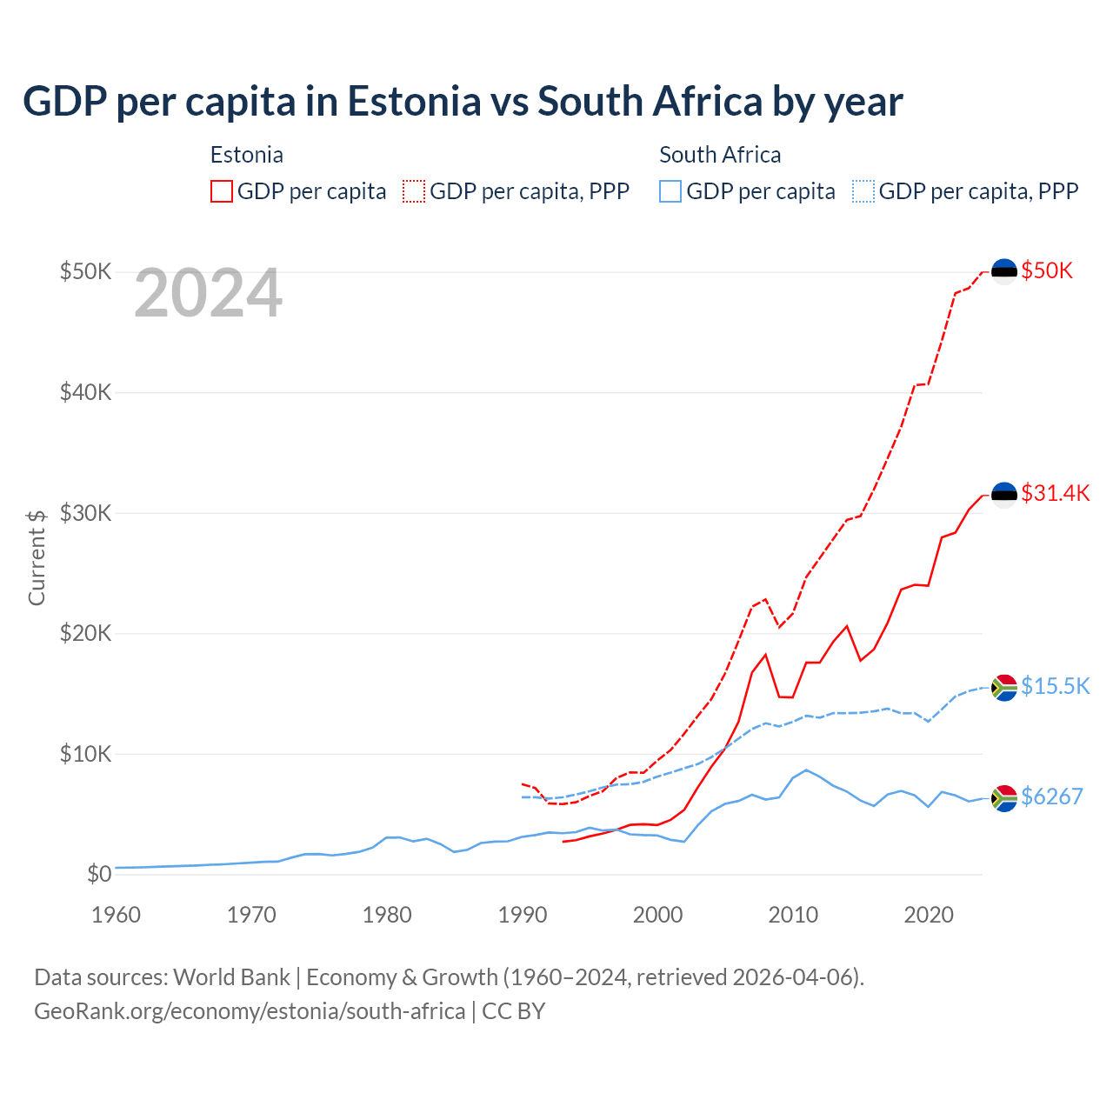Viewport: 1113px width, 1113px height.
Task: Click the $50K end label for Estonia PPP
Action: [x=1047, y=270]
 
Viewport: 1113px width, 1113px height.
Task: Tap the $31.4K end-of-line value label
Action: [x=1055, y=493]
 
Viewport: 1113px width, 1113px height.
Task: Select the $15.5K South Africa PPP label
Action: [x=1055, y=686]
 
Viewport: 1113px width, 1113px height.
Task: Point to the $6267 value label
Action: [x=1051, y=796]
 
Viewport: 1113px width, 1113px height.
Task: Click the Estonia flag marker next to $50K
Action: [x=1004, y=271]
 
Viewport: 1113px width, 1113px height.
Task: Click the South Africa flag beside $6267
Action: [x=1004, y=797]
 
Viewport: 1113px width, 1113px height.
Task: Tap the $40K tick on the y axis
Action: [x=85, y=392]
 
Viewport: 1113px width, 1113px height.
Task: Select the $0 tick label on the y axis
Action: [x=99, y=874]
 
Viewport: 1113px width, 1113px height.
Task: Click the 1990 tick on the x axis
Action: [x=523, y=915]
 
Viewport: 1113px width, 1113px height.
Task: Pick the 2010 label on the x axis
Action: [x=793, y=915]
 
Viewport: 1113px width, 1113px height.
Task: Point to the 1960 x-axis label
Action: [x=117, y=915]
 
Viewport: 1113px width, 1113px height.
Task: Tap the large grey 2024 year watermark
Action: [x=208, y=294]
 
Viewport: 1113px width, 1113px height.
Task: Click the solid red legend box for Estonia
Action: [x=222, y=191]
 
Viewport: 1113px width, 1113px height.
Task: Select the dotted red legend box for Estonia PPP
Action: [x=414, y=191]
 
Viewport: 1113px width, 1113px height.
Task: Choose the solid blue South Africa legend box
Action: [x=670, y=191]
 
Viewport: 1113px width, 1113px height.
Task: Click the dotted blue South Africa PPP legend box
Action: [x=863, y=191]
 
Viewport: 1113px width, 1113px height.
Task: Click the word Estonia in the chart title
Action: [x=414, y=102]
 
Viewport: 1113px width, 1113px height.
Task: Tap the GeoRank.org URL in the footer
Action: [x=250, y=1011]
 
